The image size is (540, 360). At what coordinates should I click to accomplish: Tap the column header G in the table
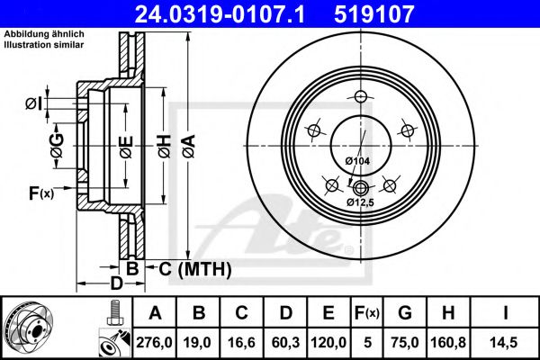click(406, 312)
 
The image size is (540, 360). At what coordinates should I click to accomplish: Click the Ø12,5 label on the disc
click(361, 202)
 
